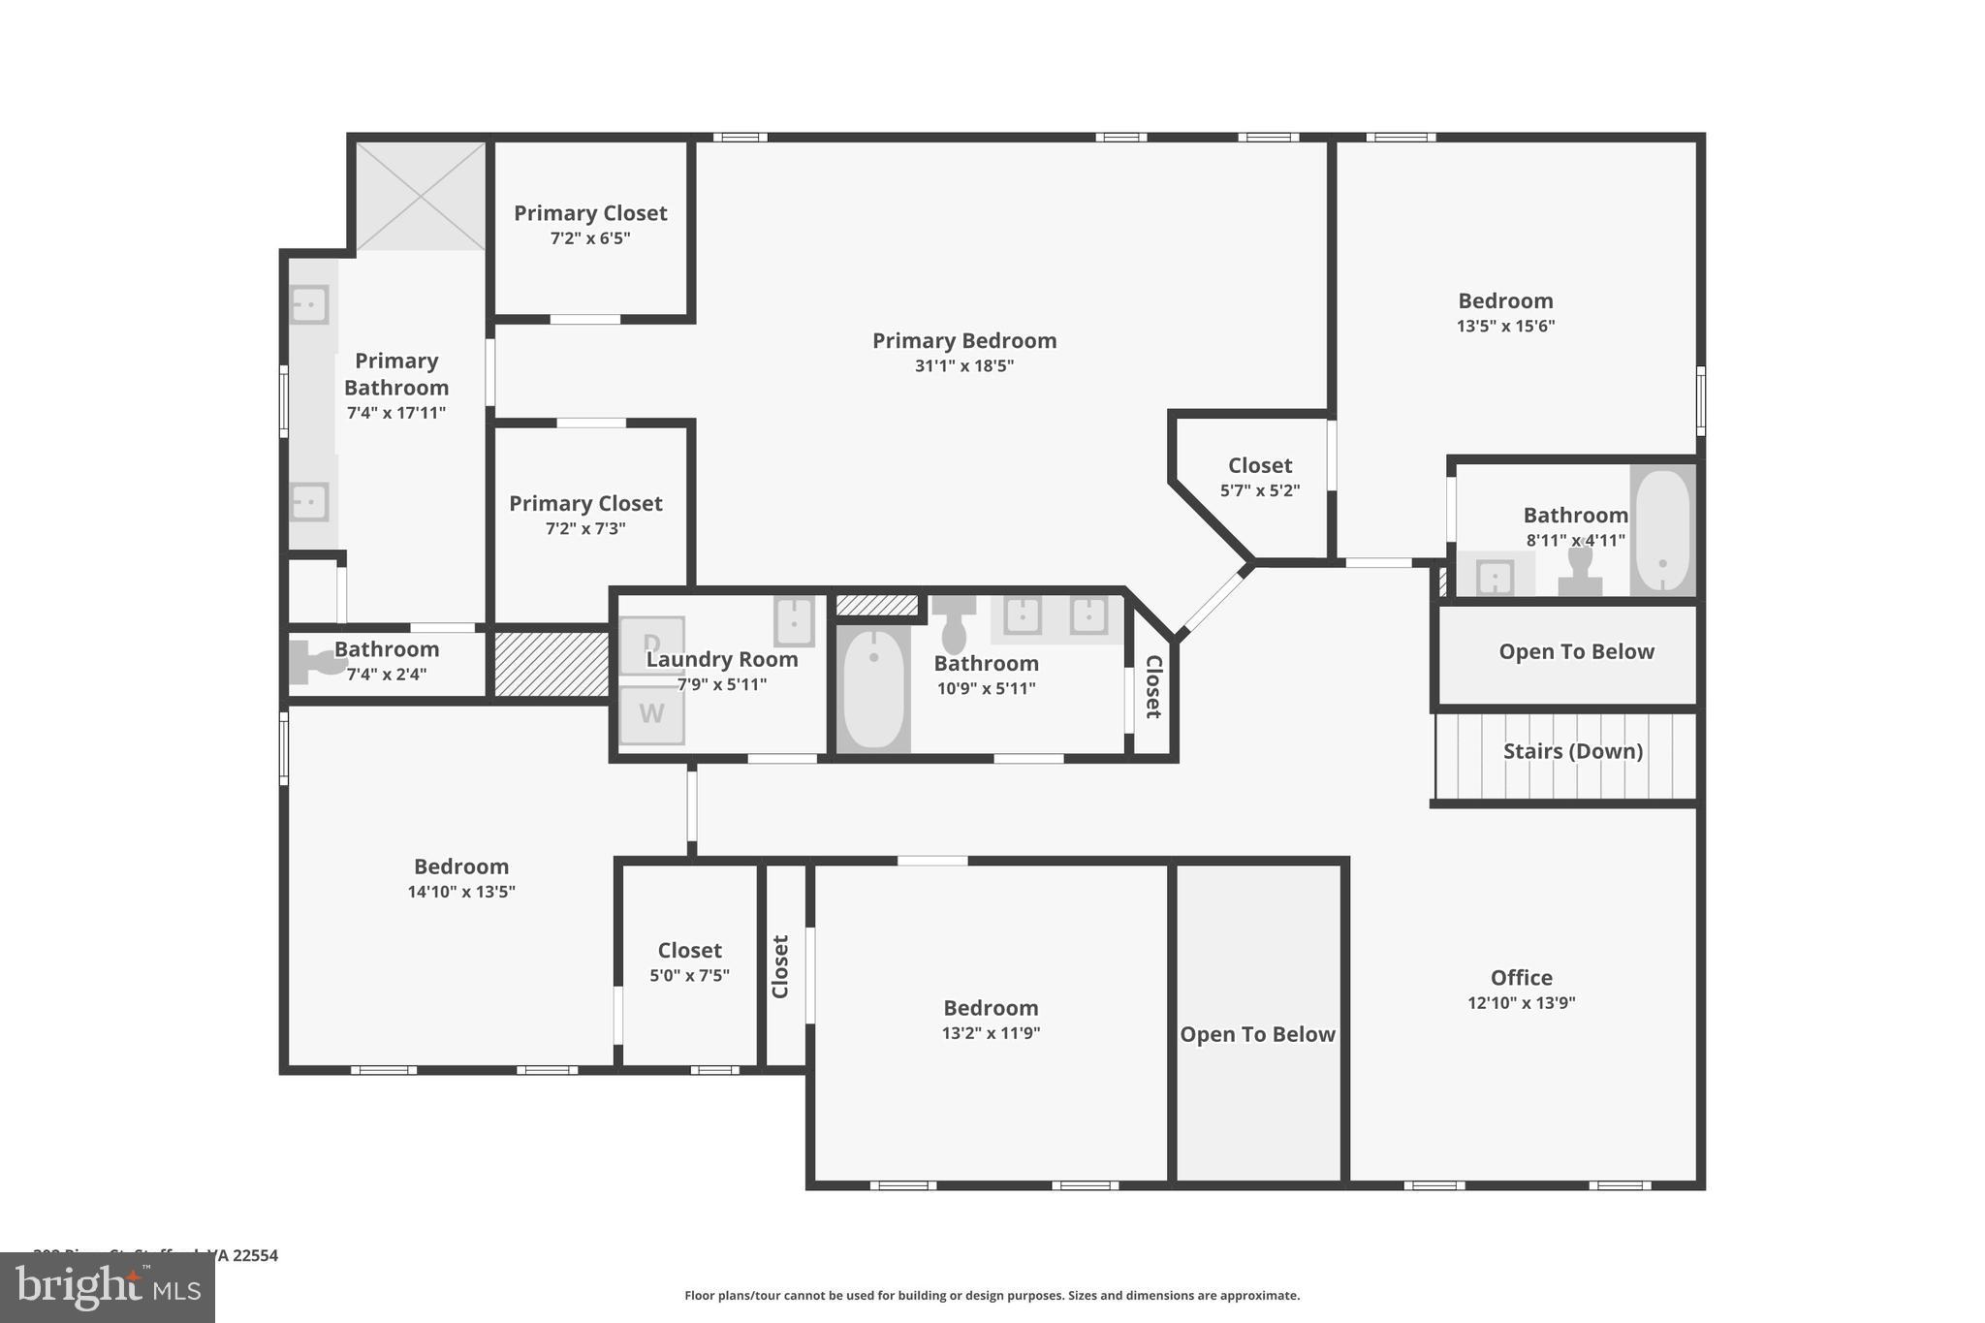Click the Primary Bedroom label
[x=963, y=341]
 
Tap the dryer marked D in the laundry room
[x=651, y=645]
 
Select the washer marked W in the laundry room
[x=651, y=714]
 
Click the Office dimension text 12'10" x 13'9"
[x=1521, y=1003]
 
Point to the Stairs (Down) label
[x=1572, y=751]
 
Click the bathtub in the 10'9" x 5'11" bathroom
[x=873, y=689]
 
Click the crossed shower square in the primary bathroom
[x=422, y=196]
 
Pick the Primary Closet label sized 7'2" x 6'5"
[x=590, y=213]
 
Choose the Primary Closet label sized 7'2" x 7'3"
[x=585, y=504]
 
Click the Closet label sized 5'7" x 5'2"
[x=1259, y=466]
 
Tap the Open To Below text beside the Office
[x=1257, y=1034]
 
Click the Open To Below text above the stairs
[x=1576, y=652]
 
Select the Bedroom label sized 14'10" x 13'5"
[x=460, y=867]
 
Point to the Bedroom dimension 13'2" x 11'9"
[x=991, y=1033]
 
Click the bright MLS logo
[x=108, y=1287]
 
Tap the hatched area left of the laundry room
[x=551, y=664]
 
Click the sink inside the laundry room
[x=793, y=621]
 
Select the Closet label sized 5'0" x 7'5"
[x=689, y=951]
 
